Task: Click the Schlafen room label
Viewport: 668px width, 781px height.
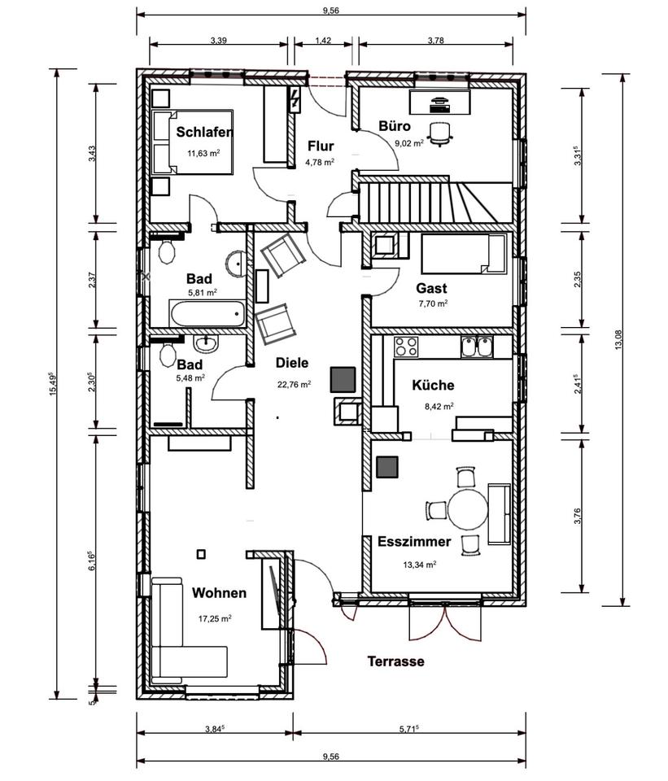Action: point(204,133)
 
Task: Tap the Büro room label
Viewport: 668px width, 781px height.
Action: point(395,126)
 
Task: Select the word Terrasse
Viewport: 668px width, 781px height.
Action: point(395,661)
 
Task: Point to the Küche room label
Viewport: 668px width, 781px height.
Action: point(433,386)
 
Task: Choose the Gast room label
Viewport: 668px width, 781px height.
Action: point(431,288)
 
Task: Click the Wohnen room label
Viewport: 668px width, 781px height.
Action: point(219,593)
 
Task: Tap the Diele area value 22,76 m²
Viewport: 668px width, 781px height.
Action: point(294,386)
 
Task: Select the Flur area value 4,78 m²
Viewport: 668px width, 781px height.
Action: point(320,162)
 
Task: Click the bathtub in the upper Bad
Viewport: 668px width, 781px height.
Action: point(207,313)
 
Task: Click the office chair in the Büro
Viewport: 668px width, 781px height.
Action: point(439,133)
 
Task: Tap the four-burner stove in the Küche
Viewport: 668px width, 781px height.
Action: point(406,347)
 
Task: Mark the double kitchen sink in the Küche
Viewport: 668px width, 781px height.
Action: point(475,347)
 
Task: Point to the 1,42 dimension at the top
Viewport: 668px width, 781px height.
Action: point(322,39)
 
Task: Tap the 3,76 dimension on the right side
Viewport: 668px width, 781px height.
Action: point(578,516)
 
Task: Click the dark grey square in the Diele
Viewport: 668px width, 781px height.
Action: point(342,378)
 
